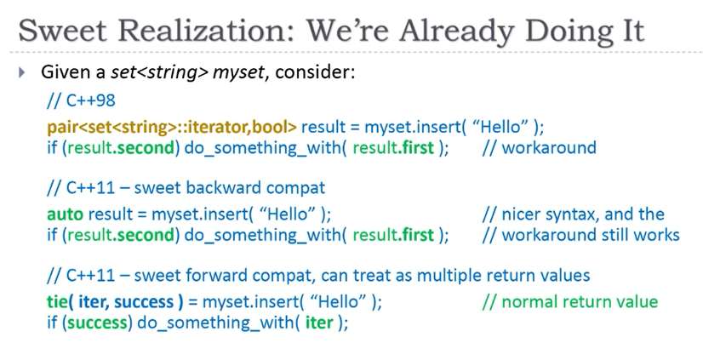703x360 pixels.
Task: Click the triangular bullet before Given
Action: (22, 71)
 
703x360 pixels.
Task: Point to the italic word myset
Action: (238, 72)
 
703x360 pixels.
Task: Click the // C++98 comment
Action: (81, 100)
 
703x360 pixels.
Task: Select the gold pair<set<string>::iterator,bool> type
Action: (172, 128)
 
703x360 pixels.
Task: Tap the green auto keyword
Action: (65, 214)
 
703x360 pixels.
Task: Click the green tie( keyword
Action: (60, 302)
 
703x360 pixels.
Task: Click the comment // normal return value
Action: (570, 302)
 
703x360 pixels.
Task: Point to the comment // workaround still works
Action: (581, 235)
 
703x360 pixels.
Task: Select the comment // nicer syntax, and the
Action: (574, 214)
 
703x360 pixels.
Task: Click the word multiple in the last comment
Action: (449, 276)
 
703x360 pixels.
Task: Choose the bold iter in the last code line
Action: (319, 323)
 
